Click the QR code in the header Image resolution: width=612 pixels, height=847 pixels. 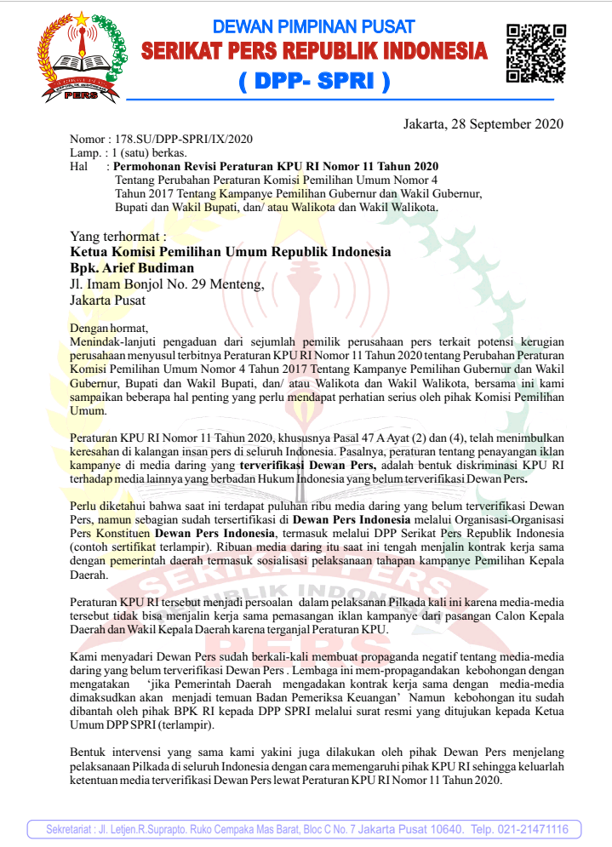point(535,53)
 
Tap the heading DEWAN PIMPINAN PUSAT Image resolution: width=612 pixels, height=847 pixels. point(313,27)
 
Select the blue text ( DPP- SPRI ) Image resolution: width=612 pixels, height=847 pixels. point(313,82)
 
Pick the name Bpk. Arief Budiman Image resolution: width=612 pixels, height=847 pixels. point(132,267)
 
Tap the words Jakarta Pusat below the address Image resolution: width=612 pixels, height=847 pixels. point(107,300)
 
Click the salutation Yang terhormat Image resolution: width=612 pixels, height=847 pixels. point(118,236)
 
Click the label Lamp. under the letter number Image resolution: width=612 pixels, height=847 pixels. point(84,152)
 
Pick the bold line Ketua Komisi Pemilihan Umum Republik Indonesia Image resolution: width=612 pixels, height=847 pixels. point(231,252)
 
